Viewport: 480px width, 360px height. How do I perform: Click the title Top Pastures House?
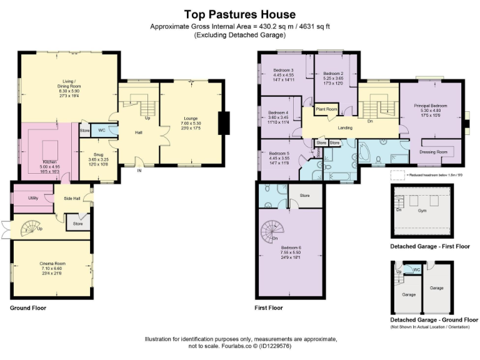tap(240, 14)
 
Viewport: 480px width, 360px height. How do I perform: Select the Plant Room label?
tap(326, 109)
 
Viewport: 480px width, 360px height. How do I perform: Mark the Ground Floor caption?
tap(28, 308)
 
